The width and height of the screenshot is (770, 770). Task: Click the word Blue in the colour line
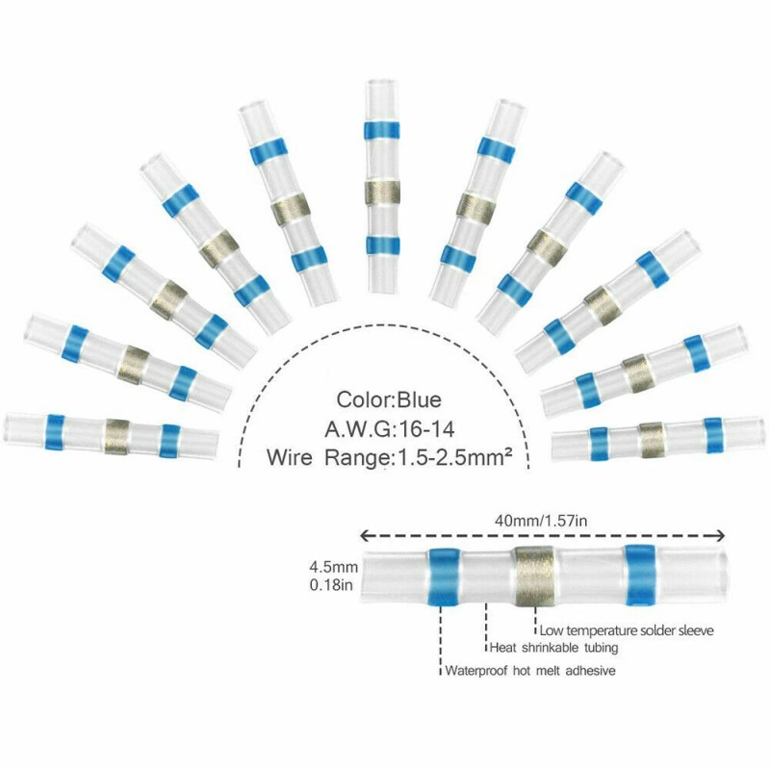pos(419,399)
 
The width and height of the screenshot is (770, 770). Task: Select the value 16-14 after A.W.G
pos(426,429)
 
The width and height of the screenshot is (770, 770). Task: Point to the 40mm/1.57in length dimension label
pos(540,520)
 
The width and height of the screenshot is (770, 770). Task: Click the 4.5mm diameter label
pos(333,567)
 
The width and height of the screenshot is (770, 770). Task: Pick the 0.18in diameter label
pos(331,585)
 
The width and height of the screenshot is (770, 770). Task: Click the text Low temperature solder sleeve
pos(627,630)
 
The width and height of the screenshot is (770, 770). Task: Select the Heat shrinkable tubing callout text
pos(554,648)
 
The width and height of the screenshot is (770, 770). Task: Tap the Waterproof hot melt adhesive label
pos(530,670)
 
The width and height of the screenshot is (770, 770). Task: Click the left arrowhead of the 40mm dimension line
pos(365,536)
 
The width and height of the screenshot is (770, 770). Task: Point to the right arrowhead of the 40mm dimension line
pos(720,536)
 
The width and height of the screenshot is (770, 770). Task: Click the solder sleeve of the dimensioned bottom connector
pos(534,576)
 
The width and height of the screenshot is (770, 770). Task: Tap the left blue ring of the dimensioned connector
pos(444,577)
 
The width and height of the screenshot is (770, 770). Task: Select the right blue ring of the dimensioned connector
pos(641,575)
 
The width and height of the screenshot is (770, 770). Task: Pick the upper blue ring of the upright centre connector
pos(381,130)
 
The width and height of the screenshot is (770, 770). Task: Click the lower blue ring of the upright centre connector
pos(382,245)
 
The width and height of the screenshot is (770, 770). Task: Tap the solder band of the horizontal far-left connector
pos(116,437)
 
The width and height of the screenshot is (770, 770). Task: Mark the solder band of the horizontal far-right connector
pos(652,440)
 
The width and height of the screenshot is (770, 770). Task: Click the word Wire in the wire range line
pos(290,457)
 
